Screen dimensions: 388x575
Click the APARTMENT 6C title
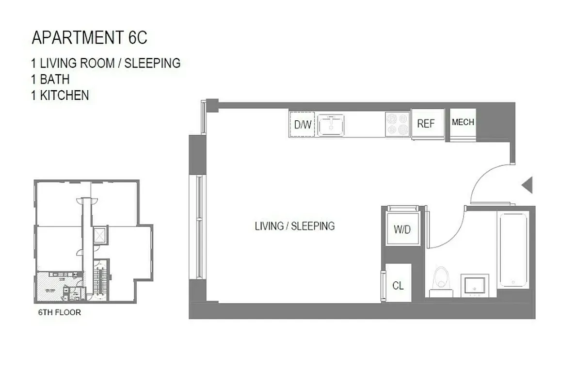(89, 38)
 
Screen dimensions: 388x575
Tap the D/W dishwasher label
(303, 125)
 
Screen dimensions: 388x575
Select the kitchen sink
(331, 124)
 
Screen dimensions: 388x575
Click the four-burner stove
(397, 124)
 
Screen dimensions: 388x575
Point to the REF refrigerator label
(426, 124)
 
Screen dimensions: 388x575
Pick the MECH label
(463, 123)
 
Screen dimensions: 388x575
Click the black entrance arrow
(527, 184)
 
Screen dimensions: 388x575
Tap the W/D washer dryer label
(401, 229)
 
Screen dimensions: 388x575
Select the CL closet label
(398, 286)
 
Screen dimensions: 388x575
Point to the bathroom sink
(474, 284)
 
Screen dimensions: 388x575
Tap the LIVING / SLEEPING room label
(294, 226)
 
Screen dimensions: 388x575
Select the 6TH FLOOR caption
(59, 313)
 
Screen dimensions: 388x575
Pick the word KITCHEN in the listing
(64, 95)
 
